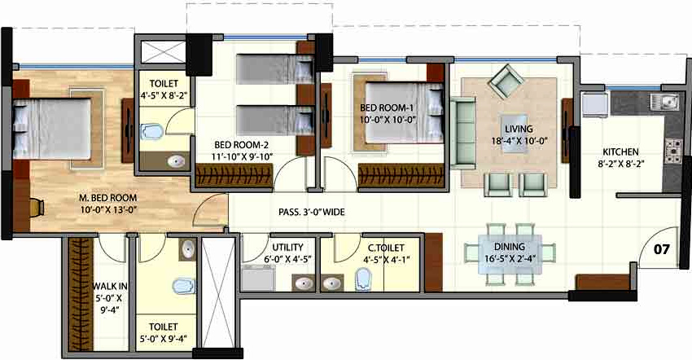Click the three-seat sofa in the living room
point(463,131)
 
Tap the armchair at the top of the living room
point(507,81)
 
